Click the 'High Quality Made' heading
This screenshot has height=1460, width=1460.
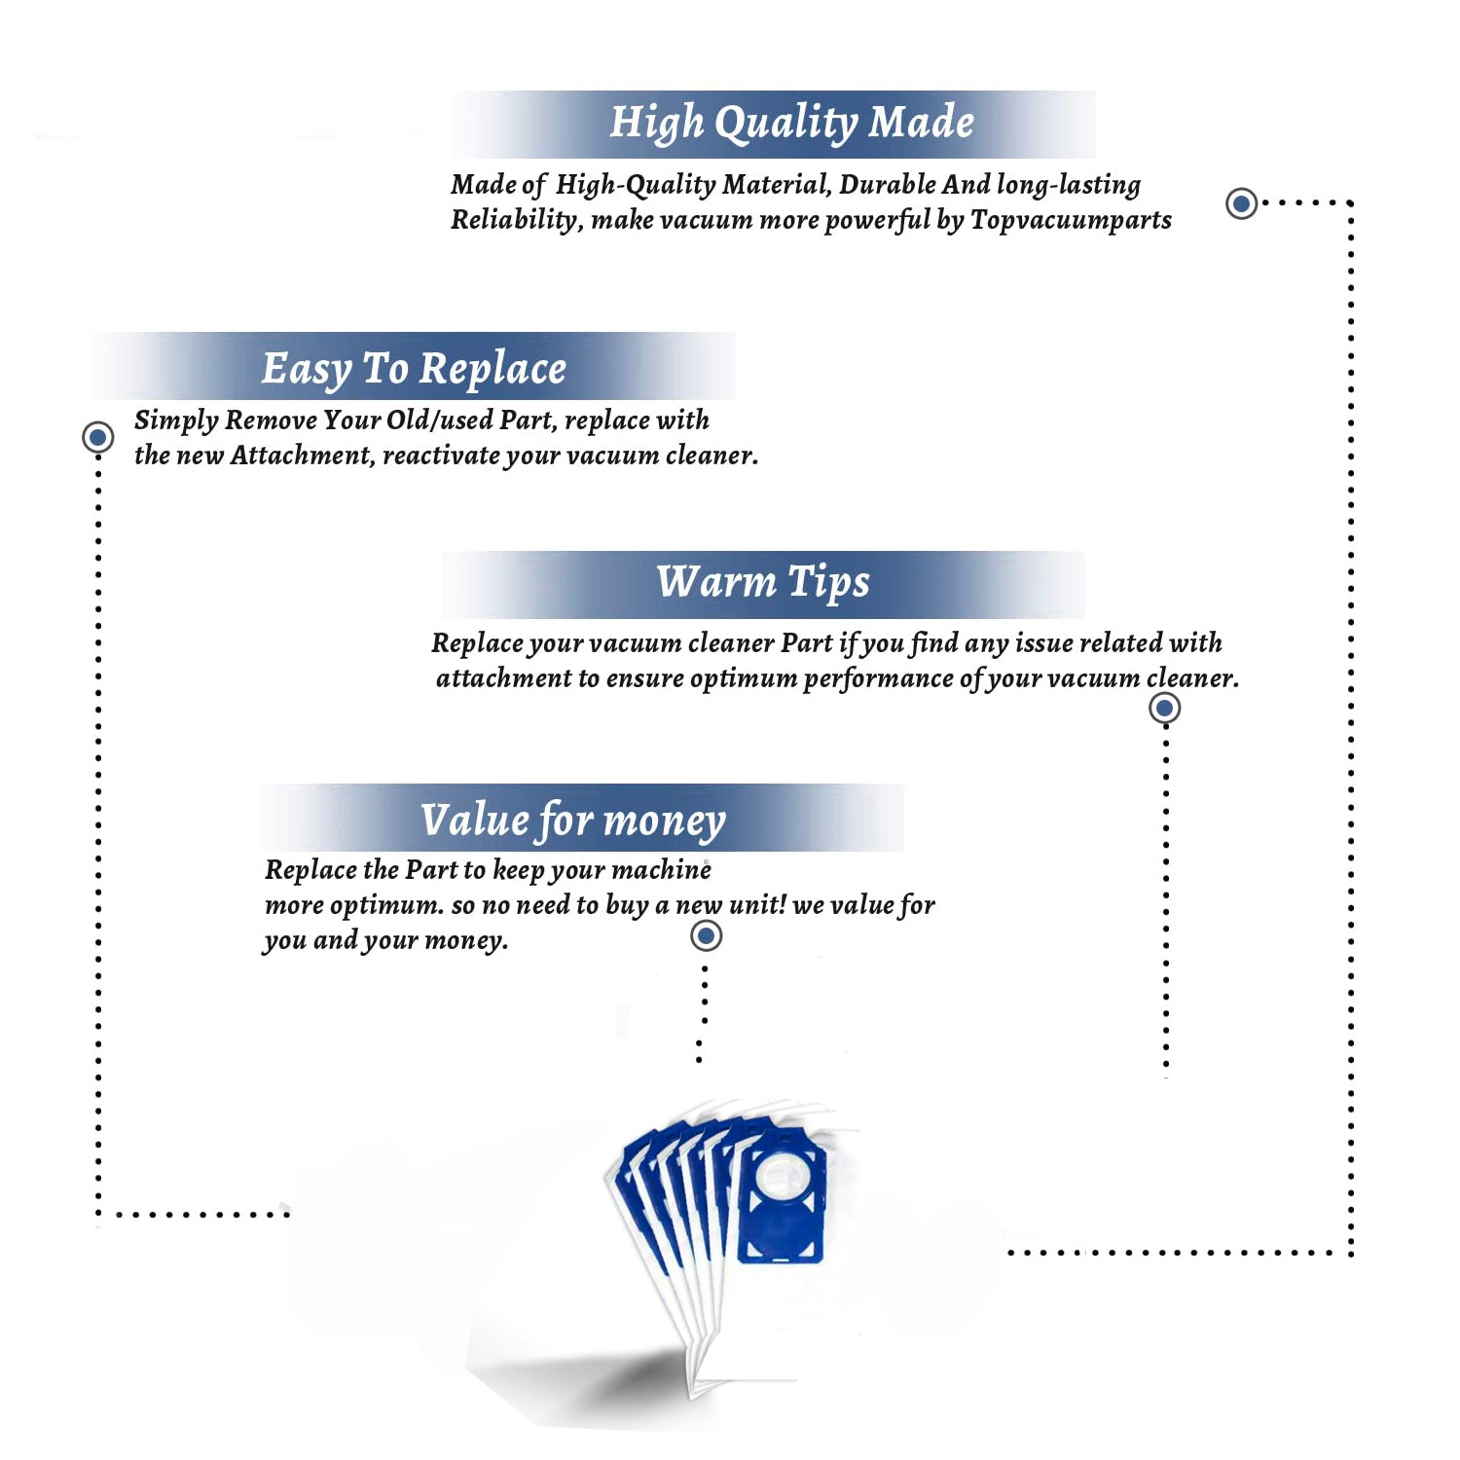pos(791,124)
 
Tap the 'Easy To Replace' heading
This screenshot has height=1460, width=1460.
pos(414,370)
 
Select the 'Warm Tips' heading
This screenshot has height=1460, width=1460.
pos(763,583)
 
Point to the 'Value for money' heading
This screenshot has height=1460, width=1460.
pos(573,821)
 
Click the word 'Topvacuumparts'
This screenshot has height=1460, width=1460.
pos(1071,221)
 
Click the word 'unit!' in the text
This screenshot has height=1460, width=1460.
pos(757,904)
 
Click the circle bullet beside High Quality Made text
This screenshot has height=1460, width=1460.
pos(1241,203)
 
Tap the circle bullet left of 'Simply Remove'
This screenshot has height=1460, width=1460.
pos(97,437)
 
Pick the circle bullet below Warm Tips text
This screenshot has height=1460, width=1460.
pos(1165,708)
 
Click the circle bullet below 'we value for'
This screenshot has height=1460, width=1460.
pos(706,935)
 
